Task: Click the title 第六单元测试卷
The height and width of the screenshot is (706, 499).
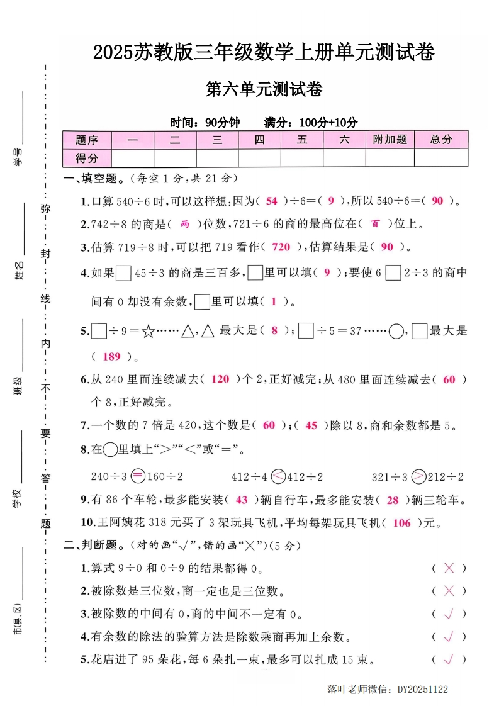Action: click(264, 90)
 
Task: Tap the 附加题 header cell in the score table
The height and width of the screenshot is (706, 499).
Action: click(390, 140)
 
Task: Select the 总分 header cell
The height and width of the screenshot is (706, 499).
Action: click(441, 140)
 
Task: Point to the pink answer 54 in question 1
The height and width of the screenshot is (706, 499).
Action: click(272, 201)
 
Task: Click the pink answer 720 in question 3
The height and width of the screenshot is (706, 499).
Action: click(281, 247)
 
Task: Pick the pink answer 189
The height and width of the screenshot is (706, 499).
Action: click(111, 357)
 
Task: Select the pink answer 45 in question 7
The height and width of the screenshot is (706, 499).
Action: click(311, 425)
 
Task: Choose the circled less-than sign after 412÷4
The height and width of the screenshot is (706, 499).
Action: click(278, 477)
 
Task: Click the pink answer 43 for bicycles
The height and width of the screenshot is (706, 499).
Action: click(242, 500)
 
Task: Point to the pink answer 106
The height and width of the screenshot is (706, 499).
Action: click(401, 523)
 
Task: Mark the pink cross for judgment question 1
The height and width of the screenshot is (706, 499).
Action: click(449, 568)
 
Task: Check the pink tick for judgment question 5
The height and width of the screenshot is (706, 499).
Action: click(449, 659)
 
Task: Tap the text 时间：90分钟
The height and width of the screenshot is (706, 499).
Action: click(205, 123)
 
